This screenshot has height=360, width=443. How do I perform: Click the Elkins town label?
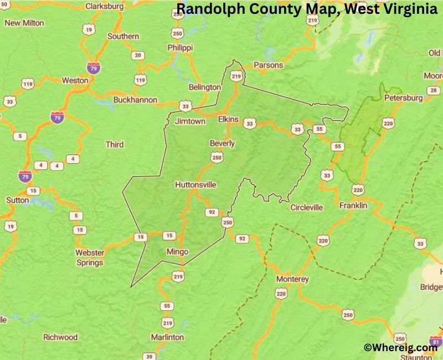coord(228,119)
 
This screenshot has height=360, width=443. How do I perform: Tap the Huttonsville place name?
coord(195,184)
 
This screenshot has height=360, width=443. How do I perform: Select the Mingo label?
coord(177,251)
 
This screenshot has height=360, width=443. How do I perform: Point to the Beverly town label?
coord(222,143)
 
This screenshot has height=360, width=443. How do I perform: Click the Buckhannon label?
coord(135,100)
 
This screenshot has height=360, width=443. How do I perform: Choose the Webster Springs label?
coord(89,258)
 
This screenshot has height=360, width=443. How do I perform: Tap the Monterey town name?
coord(292,279)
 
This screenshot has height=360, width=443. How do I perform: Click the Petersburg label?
coord(404,97)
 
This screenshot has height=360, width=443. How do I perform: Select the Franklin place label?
coord(353,205)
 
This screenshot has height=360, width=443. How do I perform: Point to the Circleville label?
coord(307,208)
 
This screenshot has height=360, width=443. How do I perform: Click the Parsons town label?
coord(268,65)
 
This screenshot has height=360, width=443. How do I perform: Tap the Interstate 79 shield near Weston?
coord(94,68)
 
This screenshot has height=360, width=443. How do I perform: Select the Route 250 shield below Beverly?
coord(217,158)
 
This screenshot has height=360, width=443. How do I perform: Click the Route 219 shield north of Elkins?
coord(236,76)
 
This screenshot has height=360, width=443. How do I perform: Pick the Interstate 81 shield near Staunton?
coord(435,341)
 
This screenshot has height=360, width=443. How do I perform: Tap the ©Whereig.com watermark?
coord(400,347)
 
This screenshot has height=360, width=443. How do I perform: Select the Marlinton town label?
coord(167,337)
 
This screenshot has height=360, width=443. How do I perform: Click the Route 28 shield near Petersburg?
coord(432,90)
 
